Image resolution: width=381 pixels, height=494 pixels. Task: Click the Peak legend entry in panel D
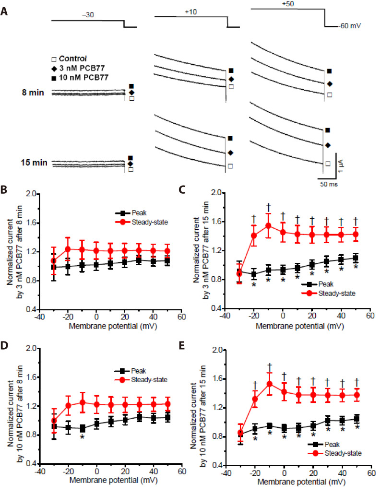[139, 370]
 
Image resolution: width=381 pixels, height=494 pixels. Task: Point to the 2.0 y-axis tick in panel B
[32, 194]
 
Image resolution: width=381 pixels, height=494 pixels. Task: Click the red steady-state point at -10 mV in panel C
[269, 226]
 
